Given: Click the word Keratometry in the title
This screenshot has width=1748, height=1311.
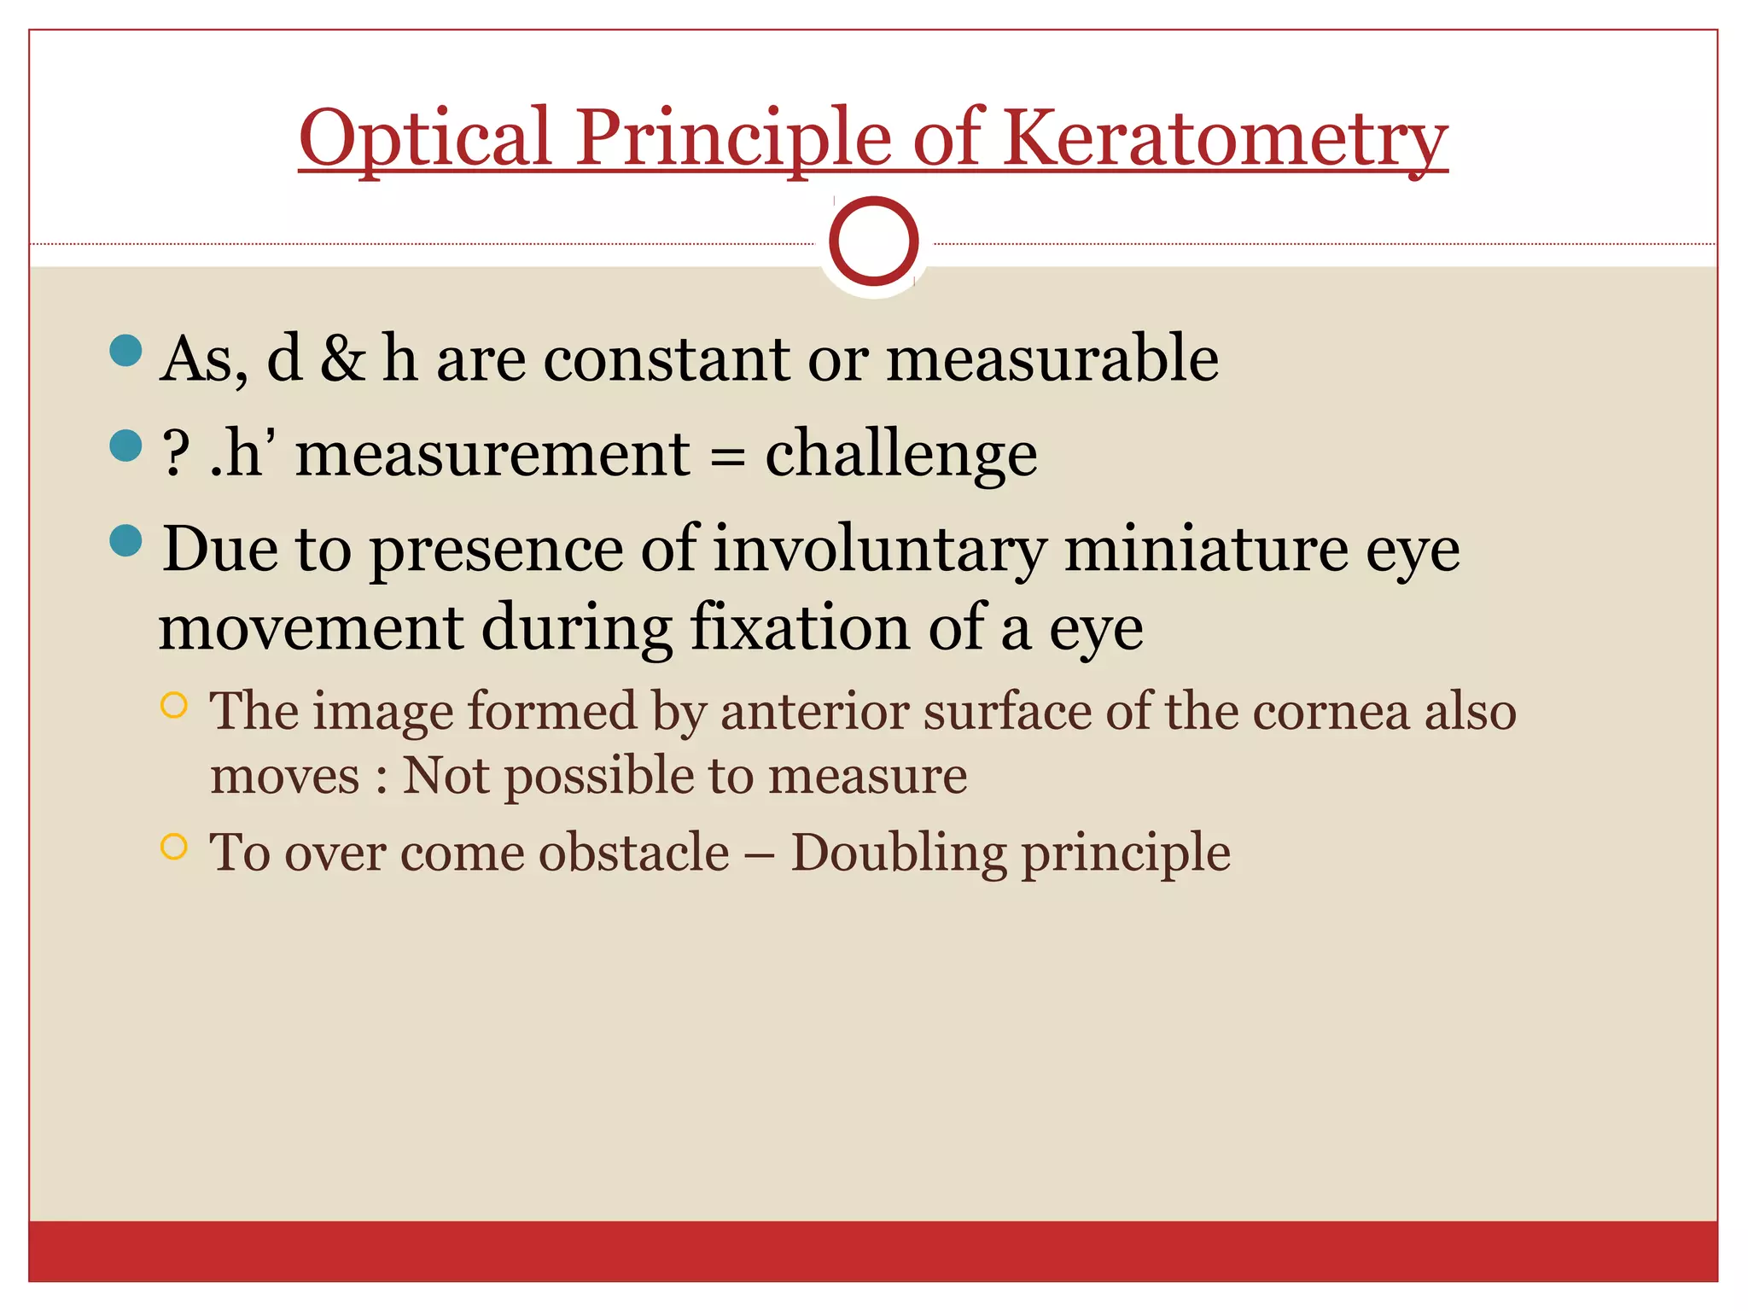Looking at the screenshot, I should (1225, 138).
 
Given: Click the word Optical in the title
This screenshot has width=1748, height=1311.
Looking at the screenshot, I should (425, 138).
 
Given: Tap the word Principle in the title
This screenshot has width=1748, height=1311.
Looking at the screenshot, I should (732, 138).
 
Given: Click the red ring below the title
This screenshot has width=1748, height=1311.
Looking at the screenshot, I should (873, 241).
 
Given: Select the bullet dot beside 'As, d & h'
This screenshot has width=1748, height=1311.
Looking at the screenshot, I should (126, 351).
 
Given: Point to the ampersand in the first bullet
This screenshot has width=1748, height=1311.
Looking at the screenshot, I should (342, 358).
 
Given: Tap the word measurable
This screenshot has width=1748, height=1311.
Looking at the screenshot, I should (1052, 358).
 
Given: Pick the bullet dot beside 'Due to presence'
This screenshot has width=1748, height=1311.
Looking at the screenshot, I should (126, 540).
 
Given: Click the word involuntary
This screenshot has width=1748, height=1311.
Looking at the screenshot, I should (879, 551).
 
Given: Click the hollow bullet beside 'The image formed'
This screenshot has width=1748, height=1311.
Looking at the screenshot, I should (173, 705).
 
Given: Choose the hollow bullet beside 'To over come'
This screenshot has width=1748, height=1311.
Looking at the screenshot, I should (173, 846).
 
